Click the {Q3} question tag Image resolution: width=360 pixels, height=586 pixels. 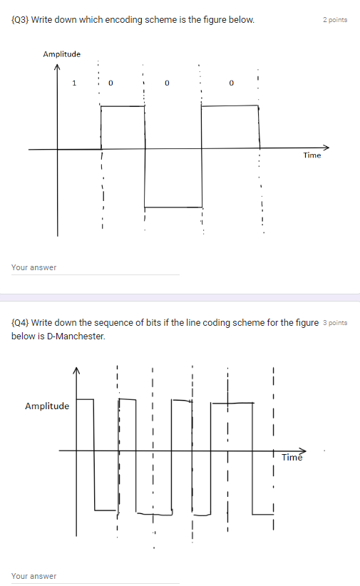(20, 19)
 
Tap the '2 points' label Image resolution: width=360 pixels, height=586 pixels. (335, 20)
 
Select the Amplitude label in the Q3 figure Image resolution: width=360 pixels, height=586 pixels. (61, 54)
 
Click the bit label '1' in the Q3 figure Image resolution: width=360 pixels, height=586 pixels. (73, 83)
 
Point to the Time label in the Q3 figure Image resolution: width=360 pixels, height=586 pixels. (312, 155)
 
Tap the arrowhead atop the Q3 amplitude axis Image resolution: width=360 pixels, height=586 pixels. (58, 67)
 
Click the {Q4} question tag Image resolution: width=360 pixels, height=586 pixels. (21, 322)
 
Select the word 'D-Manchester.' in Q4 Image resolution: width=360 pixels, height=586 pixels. (81, 335)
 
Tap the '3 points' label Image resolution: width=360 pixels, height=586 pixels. (335, 322)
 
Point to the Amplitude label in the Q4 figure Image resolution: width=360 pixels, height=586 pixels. (47, 406)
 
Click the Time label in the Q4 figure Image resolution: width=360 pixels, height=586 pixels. (292, 457)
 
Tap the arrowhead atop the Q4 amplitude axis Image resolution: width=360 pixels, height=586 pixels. (77, 371)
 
